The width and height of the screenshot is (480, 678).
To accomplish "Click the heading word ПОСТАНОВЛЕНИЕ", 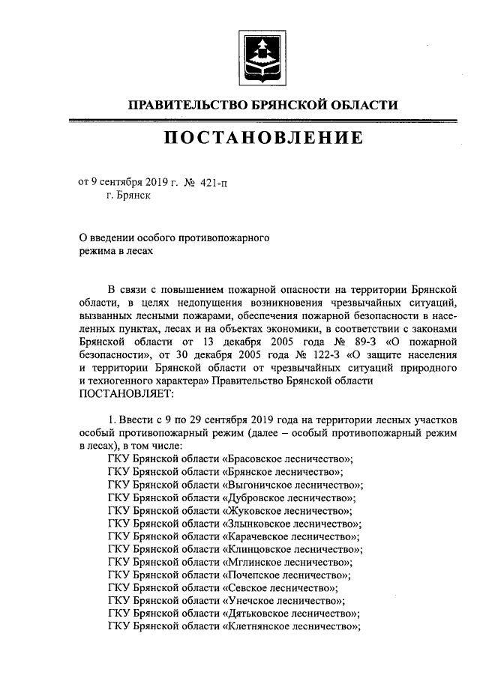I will (x=262, y=138).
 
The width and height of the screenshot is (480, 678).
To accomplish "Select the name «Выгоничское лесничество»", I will (x=292, y=485).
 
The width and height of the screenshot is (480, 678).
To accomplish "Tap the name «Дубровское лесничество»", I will (x=288, y=497).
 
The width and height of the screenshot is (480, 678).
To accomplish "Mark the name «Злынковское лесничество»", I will (x=291, y=524).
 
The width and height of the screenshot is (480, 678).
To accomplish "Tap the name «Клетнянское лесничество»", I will (x=291, y=626).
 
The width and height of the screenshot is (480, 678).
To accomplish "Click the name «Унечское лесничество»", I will (x=283, y=601).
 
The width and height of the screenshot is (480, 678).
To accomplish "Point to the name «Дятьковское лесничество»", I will (x=290, y=614).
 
